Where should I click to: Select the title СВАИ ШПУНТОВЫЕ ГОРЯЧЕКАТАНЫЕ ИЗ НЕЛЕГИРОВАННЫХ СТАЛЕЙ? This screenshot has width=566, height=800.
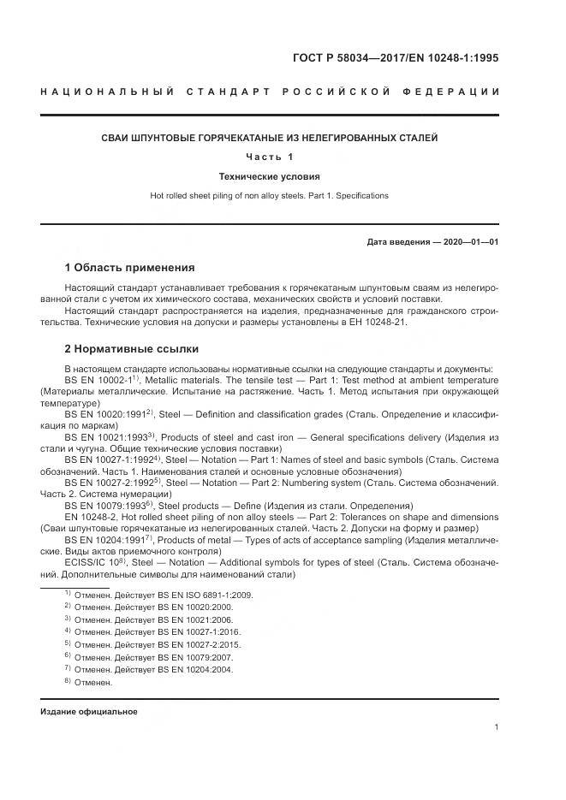coord(270,138)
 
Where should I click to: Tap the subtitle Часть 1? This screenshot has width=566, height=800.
coord(270,157)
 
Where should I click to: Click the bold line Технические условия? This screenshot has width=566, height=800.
coord(270,177)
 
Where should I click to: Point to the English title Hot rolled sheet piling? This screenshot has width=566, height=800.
coord(270,196)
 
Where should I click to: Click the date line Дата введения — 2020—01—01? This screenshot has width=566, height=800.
coord(432,242)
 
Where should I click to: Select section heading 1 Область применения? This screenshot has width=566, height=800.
coord(129,267)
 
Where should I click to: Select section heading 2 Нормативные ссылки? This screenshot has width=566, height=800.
coord(132,349)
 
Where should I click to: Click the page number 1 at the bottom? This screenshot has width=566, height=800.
coord(497,727)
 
